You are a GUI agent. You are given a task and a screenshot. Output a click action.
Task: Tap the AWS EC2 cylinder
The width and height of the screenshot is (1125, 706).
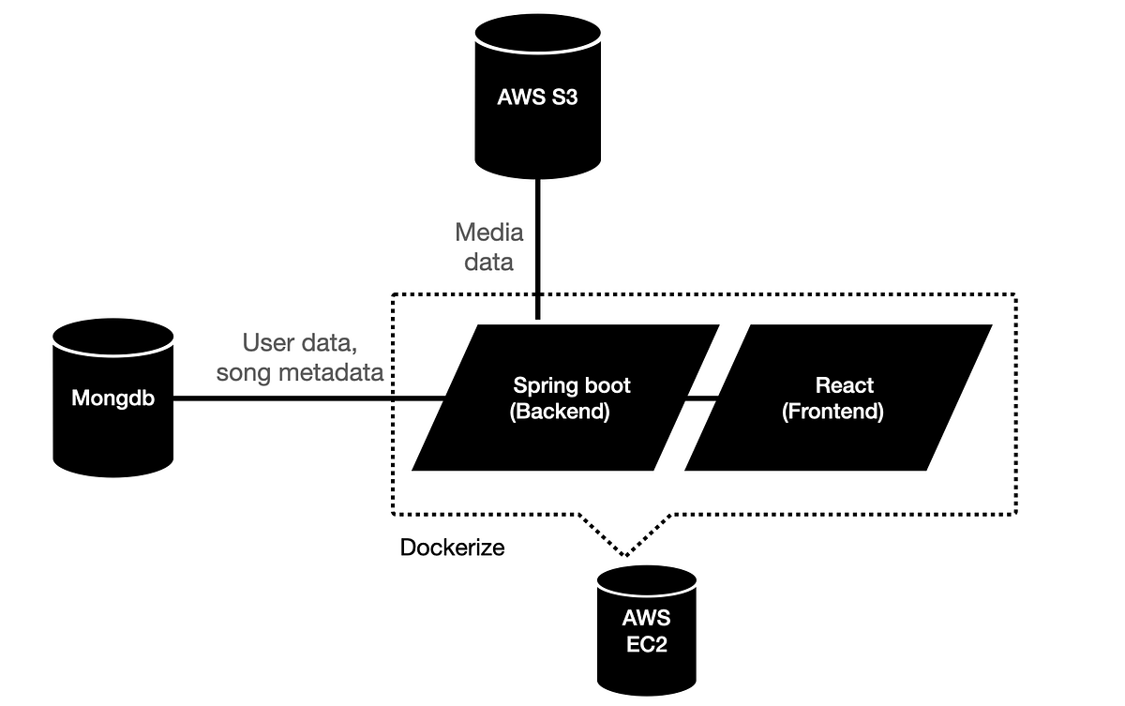pyautogui.click(x=646, y=628)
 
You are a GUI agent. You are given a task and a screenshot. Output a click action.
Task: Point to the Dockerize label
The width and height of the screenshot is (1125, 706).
pyautogui.click(x=452, y=547)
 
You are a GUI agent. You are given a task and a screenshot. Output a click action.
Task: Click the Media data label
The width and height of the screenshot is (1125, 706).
pyautogui.click(x=488, y=247)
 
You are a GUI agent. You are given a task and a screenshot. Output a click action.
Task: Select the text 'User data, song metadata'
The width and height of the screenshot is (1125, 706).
pyautogui.click(x=299, y=357)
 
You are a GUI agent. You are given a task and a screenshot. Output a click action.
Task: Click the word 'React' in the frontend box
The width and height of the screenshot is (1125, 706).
pyautogui.click(x=845, y=385)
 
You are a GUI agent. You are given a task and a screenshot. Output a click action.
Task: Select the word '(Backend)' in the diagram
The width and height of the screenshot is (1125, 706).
pyautogui.click(x=559, y=412)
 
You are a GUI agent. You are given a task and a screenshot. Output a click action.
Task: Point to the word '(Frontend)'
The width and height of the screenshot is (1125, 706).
pyautogui.click(x=832, y=412)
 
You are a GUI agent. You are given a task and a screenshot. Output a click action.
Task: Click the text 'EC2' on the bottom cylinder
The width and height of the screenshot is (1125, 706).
pyautogui.click(x=646, y=644)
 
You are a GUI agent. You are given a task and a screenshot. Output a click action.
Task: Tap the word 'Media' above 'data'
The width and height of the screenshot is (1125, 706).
pyautogui.click(x=488, y=232)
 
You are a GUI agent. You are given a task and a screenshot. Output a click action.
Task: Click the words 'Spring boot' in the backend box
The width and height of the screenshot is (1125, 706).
pyautogui.click(x=572, y=385)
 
